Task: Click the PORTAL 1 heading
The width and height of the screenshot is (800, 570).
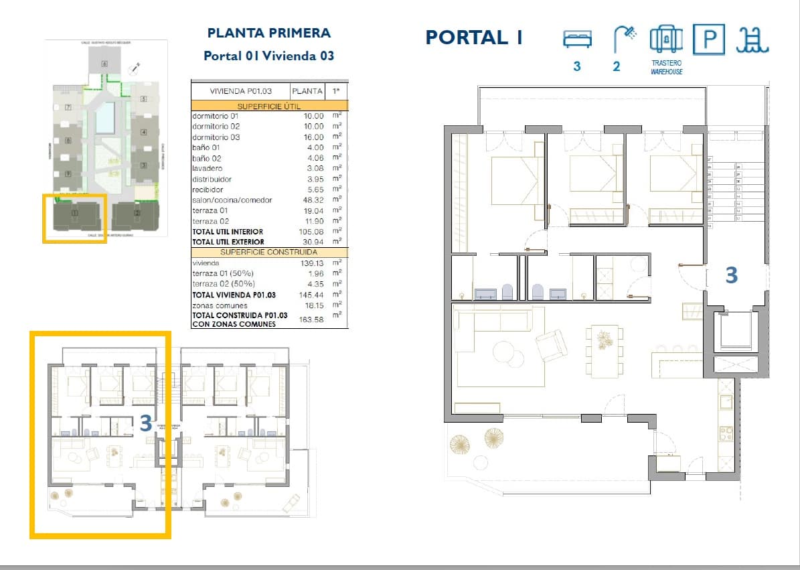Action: (x=474, y=37)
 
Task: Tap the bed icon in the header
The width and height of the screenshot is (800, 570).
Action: (x=576, y=39)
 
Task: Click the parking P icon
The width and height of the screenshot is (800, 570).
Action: (x=708, y=40)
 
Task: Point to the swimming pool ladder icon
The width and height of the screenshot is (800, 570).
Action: (x=752, y=40)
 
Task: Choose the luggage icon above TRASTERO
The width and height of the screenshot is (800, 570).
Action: (x=666, y=39)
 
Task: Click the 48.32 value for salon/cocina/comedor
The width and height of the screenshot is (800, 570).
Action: (x=313, y=200)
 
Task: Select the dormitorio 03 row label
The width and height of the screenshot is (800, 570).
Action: (x=216, y=137)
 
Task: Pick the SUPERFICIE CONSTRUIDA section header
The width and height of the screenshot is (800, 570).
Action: (x=269, y=252)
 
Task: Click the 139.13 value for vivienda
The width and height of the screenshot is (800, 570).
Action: (x=313, y=263)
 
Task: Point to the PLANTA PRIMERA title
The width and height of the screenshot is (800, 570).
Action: (x=269, y=33)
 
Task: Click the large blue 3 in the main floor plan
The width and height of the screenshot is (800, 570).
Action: (x=732, y=275)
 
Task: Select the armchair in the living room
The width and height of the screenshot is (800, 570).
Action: (x=551, y=345)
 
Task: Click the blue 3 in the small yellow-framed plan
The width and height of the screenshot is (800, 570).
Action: (x=145, y=423)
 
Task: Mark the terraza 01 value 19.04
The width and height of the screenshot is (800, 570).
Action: (x=313, y=210)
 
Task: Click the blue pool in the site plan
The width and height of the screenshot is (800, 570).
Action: (x=104, y=118)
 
